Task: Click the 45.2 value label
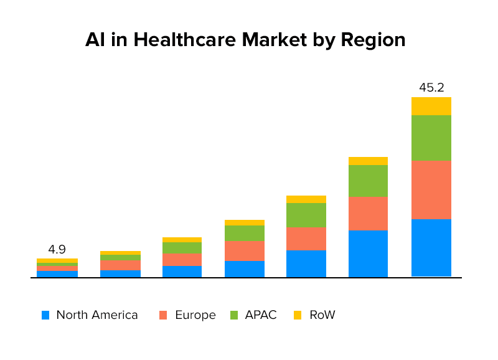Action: point(431,88)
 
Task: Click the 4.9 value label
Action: point(57,250)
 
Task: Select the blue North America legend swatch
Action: point(45,315)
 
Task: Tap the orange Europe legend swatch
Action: point(164,315)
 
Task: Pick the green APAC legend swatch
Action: point(235,315)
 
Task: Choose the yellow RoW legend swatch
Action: point(298,315)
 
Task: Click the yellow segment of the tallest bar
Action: point(431,106)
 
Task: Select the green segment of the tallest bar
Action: point(431,138)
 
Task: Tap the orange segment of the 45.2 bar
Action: point(431,189)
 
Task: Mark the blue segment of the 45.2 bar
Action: point(431,247)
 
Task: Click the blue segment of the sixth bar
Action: point(368,253)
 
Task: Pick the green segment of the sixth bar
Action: point(368,181)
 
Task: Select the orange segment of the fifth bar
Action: point(306,239)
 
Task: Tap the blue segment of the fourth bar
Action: point(244,269)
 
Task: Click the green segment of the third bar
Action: point(182,248)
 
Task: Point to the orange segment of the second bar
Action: point(120,265)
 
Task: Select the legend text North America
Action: point(96,315)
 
